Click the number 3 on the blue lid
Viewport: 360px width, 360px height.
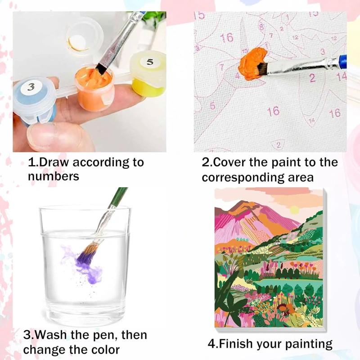pos(31,87)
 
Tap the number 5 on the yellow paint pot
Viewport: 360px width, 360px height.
pos(150,62)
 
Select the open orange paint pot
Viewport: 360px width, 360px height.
pos(94,88)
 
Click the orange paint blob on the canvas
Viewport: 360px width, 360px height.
pos(252,63)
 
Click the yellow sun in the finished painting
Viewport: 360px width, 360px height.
pos(294,210)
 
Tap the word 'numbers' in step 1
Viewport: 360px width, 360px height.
pos(54,176)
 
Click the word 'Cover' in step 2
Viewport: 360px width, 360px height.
pos(229,162)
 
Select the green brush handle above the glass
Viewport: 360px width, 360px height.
pos(119,196)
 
